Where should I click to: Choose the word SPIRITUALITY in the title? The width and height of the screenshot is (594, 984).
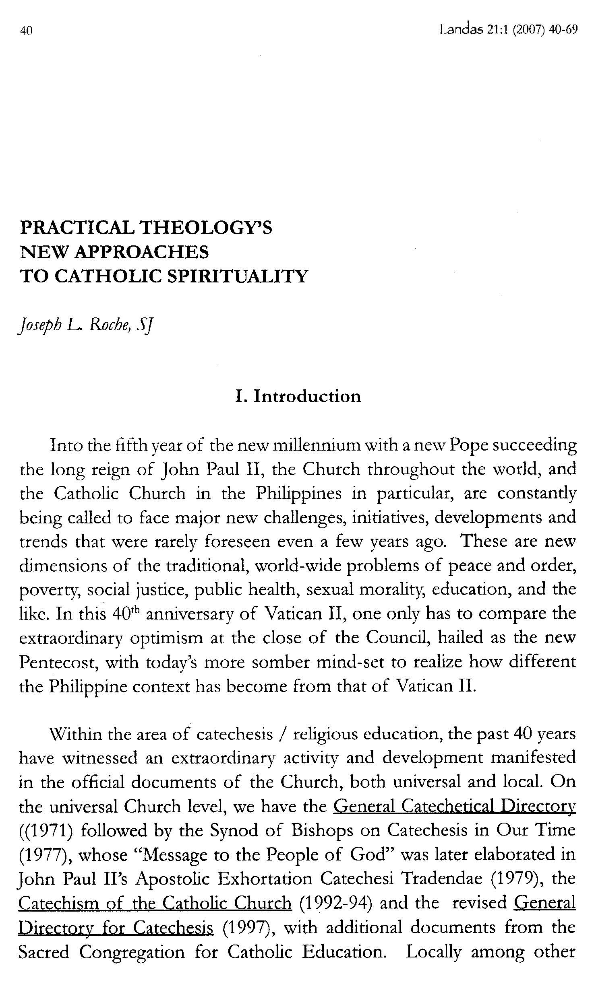point(237,276)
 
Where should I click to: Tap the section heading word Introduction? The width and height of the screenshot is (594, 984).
point(307,396)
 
